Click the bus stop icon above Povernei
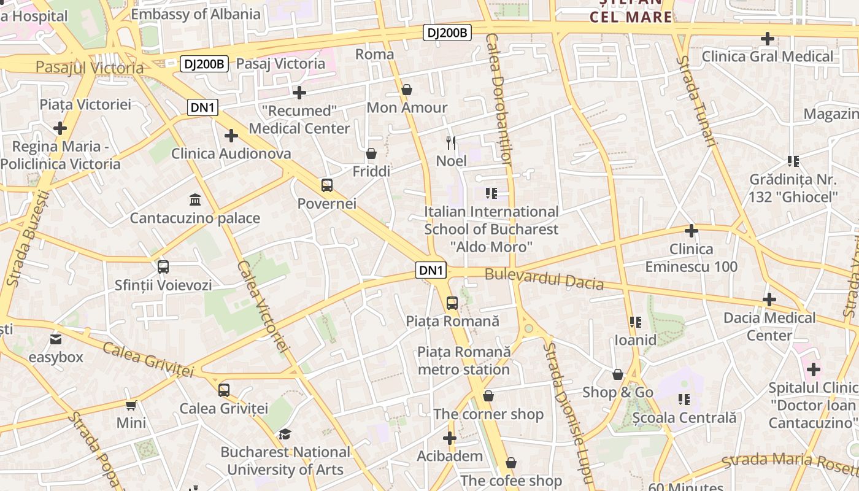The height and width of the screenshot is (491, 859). tap(326, 185)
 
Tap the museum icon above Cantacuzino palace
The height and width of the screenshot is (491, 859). tap(195, 199)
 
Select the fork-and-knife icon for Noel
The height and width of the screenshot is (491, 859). tap(451, 143)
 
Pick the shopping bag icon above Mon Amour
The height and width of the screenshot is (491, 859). tap(406, 90)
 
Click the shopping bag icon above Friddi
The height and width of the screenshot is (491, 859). tap(371, 153)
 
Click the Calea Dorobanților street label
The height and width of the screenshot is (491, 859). tap(498, 98)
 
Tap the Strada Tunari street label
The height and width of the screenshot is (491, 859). tap(696, 101)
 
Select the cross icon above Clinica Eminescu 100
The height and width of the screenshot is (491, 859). tap(691, 231)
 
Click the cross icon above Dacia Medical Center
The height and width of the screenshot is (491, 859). tap(769, 300)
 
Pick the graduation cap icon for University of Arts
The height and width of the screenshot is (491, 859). tap(285, 435)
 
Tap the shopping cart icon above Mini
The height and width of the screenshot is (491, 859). tap(131, 405)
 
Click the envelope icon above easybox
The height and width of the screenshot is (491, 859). tap(56, 339)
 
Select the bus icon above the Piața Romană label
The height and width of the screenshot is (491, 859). tap(452, 303)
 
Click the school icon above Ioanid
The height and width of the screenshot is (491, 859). tap(635, 322)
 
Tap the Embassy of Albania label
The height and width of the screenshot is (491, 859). tap(196, 14)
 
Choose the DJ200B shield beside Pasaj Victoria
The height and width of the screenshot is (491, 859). tap(204, 63)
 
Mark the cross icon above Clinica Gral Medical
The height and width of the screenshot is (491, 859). tap(767, 39)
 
